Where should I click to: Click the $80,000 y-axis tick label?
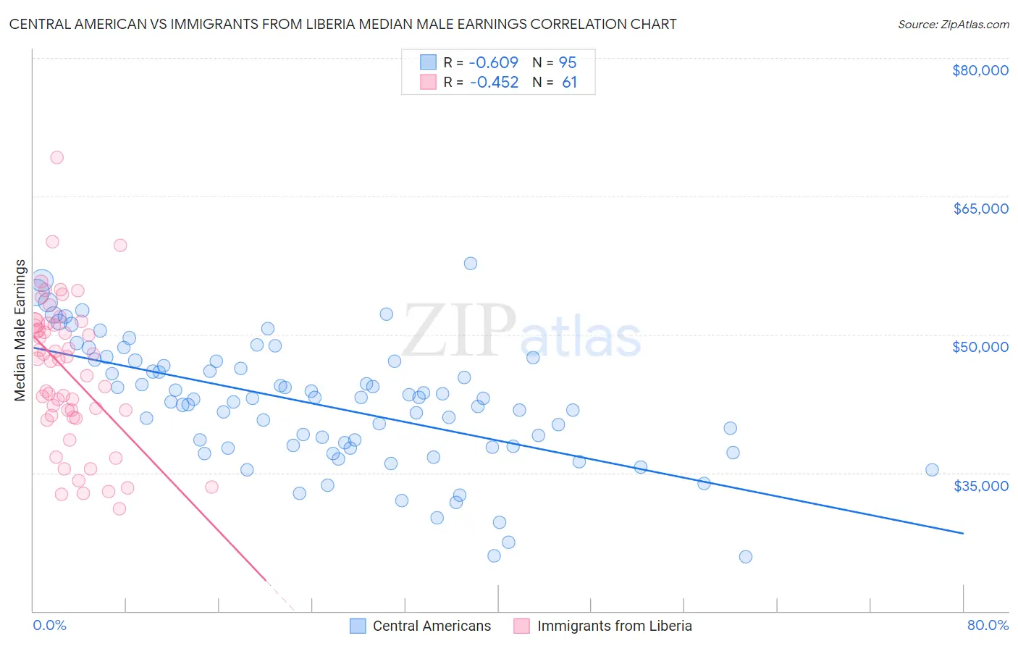(980, 70)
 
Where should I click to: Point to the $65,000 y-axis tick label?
(980, 209)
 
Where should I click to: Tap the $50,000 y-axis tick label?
(980, 347)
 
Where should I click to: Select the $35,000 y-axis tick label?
(980, 486)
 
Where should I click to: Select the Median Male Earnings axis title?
(20, 330)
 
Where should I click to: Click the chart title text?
(342, 24)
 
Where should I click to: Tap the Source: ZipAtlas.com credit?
(953, 25)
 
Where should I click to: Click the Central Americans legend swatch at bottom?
(358, 626)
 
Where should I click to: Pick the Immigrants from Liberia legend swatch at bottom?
(521, 626)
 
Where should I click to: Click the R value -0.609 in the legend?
(494, 63)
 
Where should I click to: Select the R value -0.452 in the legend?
(494, 83)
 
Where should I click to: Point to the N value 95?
(568, 63)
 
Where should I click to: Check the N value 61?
(569, 83)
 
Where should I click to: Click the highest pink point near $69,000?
(56, 157)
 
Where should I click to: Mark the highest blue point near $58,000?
(471, 264)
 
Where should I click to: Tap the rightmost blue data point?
(932, 470)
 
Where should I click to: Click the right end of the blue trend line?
(963, 533)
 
